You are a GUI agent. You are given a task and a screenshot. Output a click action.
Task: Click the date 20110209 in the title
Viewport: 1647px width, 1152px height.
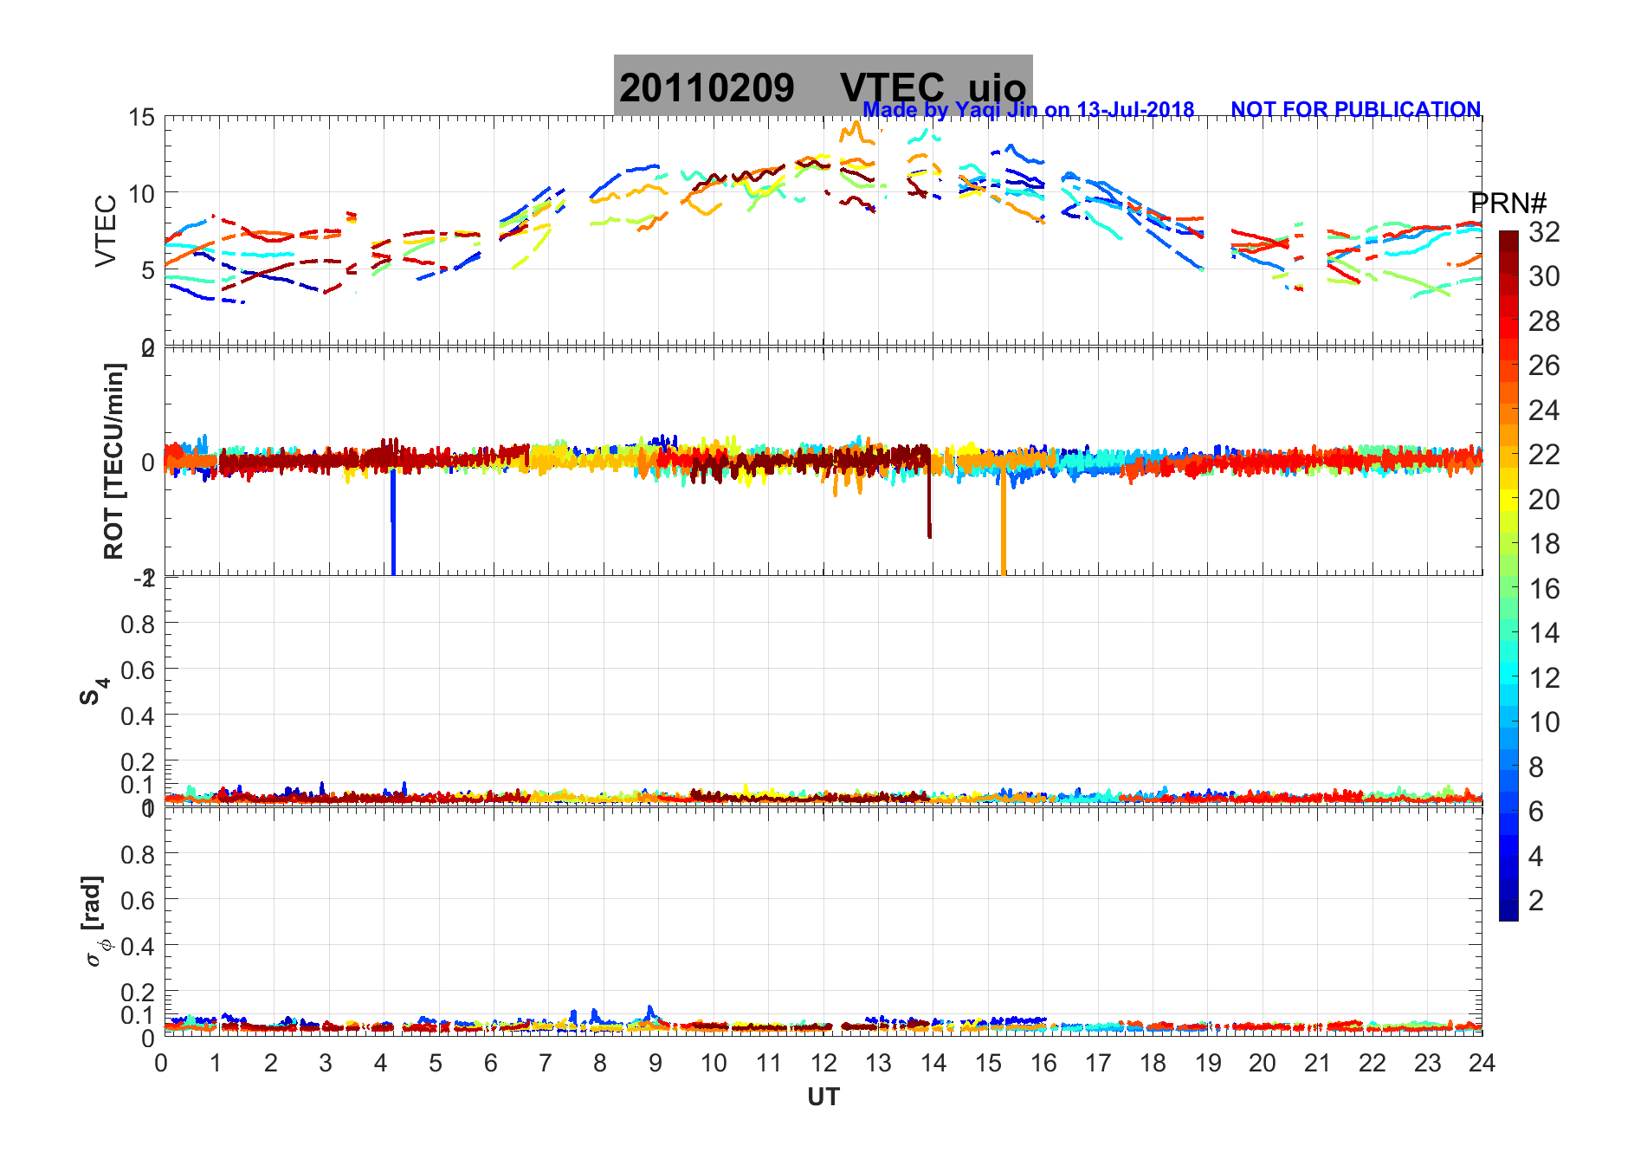click(707, 88)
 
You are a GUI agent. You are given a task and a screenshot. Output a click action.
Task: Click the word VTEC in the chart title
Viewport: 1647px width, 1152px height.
click(892, 88)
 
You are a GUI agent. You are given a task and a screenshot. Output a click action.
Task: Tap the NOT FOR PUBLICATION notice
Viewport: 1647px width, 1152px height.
click(1355, 110)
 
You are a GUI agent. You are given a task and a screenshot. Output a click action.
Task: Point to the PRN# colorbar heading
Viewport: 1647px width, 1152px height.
click(1508, 204)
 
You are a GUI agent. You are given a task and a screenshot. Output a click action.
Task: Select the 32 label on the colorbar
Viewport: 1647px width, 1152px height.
click(1544, 231)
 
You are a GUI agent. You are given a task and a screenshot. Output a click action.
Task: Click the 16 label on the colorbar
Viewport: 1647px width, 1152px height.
click(1544, 589)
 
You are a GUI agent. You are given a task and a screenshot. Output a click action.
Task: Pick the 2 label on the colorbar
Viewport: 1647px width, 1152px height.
click(1536, 901)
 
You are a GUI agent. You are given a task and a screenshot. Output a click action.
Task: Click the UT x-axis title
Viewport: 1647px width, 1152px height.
click(823, 1097)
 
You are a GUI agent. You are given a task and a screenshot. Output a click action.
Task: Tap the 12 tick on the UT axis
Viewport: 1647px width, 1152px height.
click(823, 1063)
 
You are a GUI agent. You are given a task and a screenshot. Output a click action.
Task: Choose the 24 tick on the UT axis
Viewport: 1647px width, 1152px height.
click(1482, 1063)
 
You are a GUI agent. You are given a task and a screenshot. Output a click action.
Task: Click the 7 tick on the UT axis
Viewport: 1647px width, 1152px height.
click(546, 1063)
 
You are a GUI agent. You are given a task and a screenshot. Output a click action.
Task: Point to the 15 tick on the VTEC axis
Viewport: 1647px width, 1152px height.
click(141, 118)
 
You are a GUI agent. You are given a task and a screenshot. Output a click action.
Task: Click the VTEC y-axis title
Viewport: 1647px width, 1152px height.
click(106, 230)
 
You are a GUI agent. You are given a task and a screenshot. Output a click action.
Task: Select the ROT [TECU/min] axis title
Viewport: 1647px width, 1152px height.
click(114, 461)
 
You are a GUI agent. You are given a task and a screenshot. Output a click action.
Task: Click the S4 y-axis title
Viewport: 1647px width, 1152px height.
click(94, 691)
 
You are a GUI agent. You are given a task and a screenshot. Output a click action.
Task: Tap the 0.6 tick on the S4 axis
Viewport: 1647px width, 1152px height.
click(138, 670)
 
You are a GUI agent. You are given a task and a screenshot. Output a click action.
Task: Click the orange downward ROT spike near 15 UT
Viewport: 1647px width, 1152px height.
click(1004, 528)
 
